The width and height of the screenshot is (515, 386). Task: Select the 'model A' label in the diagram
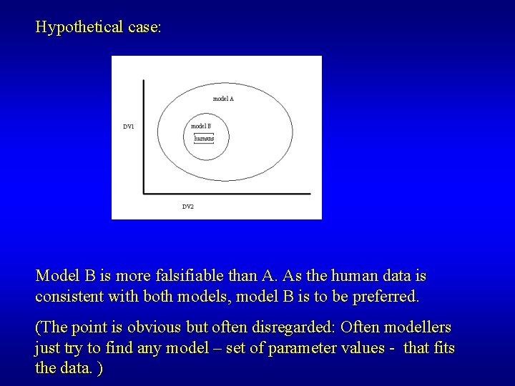click(x=223, y=99)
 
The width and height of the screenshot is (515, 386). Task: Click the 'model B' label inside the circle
click(x=201, y=127)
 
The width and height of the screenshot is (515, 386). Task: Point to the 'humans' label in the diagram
click(x=204, y=138)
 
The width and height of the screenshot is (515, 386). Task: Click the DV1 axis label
click(x=128, y=127)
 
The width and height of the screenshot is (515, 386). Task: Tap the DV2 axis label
click(x=187, y=207)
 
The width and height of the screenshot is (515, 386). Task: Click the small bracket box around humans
click(x=204, y=137)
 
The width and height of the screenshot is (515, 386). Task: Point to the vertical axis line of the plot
click(x=144, y=136)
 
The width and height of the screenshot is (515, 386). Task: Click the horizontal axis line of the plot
click(x=227, y=192)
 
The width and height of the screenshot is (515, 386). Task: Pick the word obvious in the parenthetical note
click(x=153, y=327)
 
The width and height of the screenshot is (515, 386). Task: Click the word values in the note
click(x=353, y=350)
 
